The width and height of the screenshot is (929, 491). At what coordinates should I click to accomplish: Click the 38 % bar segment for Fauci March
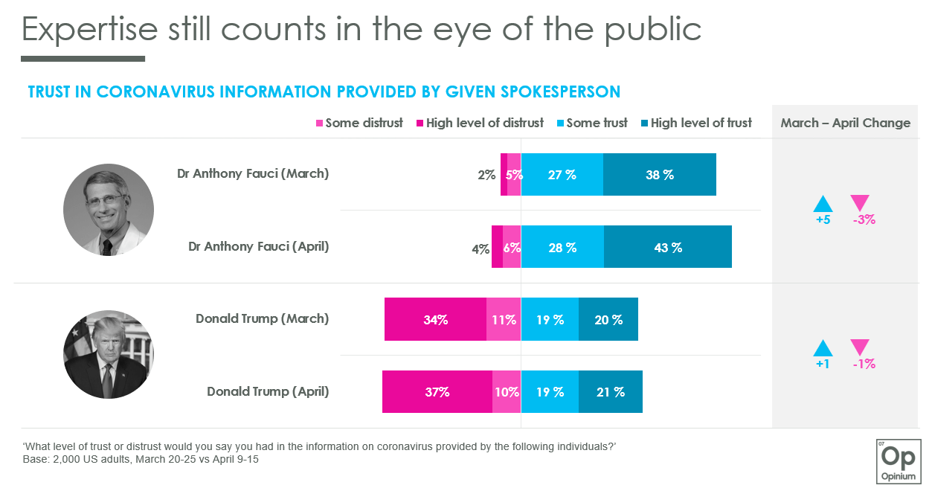(x=659, y=175)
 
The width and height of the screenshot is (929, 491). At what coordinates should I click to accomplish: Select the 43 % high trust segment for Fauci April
(x=667, y=247)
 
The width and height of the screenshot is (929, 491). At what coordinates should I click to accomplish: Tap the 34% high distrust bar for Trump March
(x=435, y=320)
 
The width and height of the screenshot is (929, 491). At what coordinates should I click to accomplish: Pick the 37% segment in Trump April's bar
(x=437, y=392)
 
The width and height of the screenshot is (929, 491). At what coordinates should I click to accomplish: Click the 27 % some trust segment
(x=562, y=175)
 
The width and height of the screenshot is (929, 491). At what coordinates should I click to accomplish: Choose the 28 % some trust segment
(x=562, y=247)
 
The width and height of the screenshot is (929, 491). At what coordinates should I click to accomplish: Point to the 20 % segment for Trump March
(x=608, y=320)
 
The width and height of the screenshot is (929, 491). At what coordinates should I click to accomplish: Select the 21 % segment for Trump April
(x=610, y=392)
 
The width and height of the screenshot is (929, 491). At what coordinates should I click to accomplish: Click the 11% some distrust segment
(x=504, y=320)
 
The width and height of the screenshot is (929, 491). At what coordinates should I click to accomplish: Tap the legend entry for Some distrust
(x=360, y=123)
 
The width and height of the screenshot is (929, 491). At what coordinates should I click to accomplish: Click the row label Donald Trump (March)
(x=262, y=318)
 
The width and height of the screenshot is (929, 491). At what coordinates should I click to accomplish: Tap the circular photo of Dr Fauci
(x=109, y=210)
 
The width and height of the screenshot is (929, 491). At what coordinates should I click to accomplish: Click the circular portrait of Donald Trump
(x=109, y=354)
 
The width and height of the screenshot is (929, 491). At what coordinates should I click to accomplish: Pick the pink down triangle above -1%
(x=860, y=347)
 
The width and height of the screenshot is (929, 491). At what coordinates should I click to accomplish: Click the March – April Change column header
(x=845, y=123)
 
